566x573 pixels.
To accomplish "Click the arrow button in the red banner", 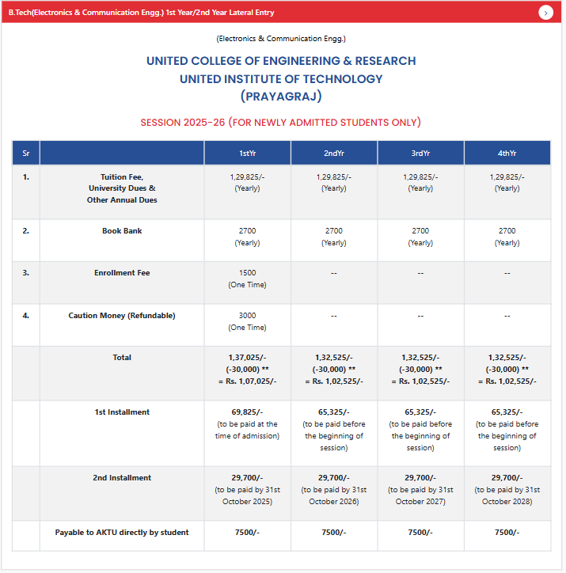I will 546,13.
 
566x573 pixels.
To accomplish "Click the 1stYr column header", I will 247,153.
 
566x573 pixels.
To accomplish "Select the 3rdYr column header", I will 420,153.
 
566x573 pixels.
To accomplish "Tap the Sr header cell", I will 26,153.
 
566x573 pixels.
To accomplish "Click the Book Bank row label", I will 122,231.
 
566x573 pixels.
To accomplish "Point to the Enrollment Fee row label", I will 122,273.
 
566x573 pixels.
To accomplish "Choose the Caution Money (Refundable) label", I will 122,316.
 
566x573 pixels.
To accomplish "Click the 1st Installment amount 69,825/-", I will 247,412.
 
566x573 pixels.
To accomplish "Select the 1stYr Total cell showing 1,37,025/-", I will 247,358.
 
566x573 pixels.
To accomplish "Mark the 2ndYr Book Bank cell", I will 334,237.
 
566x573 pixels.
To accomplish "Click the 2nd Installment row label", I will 122,478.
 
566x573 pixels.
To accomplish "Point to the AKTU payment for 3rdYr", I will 420,533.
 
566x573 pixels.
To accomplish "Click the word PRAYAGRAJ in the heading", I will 281,97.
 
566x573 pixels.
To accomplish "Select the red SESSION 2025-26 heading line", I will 280,123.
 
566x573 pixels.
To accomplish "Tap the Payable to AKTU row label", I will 122,533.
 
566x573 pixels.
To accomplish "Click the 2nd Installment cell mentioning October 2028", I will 507,490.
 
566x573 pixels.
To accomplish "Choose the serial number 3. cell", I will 26,273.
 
